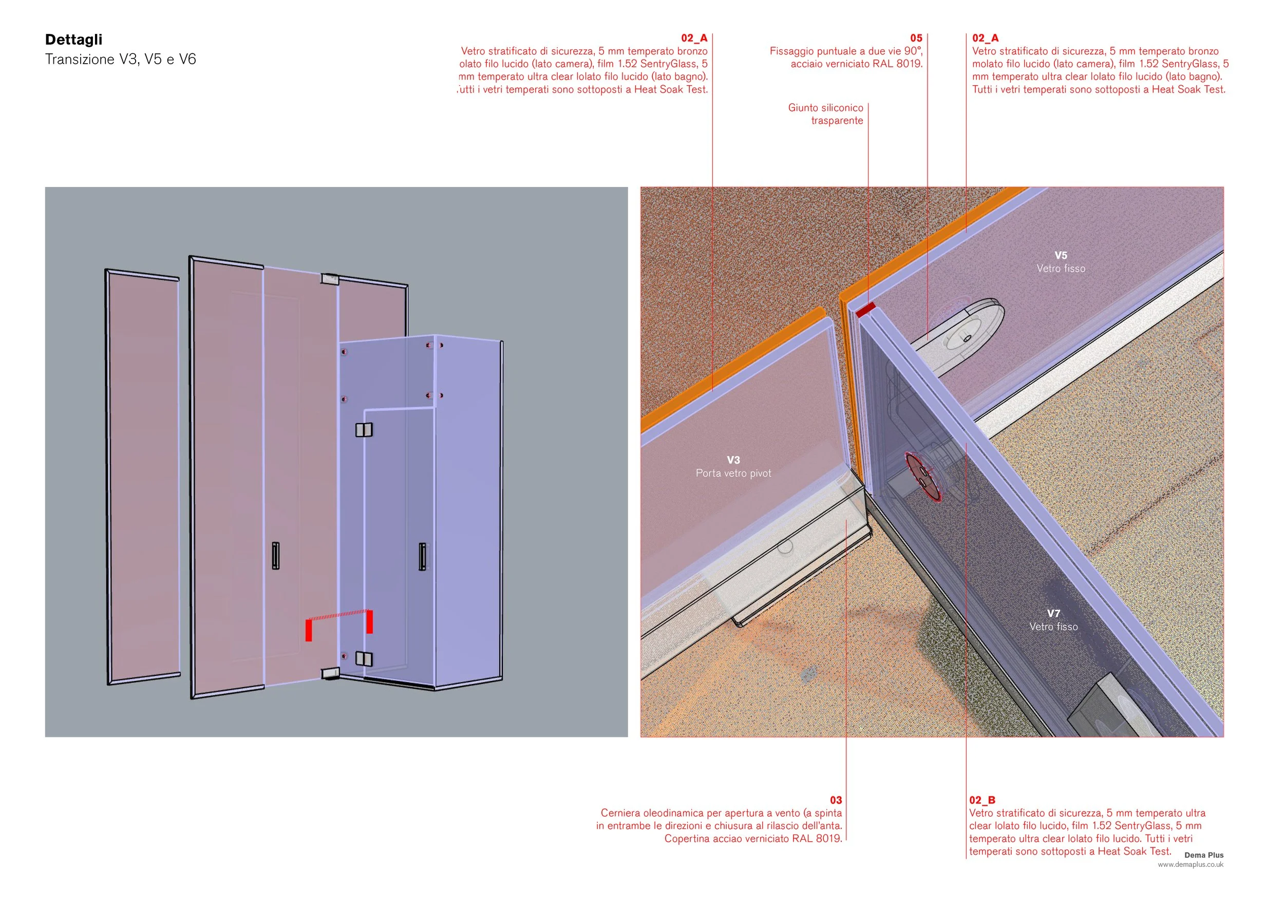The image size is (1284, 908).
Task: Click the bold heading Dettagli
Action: (74, 40)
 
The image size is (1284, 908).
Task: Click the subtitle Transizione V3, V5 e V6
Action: (121, 59)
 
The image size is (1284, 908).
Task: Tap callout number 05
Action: (916, 38)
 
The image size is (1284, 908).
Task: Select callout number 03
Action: (836, 800)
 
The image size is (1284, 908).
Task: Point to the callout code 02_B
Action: (982, 800)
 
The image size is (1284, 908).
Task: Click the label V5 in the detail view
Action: (1061, 256)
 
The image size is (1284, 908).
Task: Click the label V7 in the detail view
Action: (1053, 613)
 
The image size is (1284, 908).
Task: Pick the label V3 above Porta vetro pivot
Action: (733, 460)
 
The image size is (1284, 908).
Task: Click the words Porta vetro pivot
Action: (733, 473)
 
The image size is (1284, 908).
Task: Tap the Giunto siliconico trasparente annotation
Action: (826, 114)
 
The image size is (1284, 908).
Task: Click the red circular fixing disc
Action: (923, 478)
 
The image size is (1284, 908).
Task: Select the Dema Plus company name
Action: (1203, 855)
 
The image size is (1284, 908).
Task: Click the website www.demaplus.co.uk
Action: (1191, 864)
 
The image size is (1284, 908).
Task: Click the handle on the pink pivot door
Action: (276, 555)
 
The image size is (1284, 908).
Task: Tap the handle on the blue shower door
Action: (422, 557)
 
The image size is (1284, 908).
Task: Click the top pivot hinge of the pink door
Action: (330, 279)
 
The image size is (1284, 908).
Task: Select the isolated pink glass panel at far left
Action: (143, 477)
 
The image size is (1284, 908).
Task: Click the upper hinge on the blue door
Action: (364, 429)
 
